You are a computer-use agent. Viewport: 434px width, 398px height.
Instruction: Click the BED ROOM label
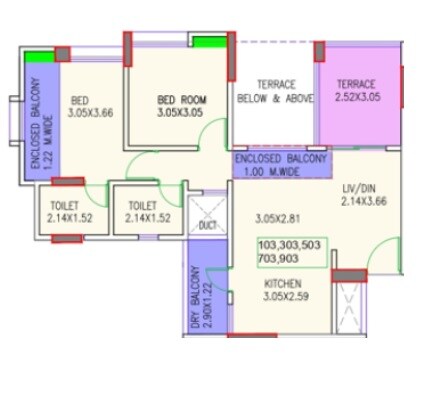(179, 100)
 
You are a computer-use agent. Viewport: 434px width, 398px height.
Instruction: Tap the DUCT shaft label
(207, 226)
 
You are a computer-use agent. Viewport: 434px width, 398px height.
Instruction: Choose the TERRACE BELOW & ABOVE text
(273, 91)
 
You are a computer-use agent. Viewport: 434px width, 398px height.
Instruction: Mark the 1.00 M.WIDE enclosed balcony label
(265, 171)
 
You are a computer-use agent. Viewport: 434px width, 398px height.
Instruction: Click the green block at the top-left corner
(40, 57)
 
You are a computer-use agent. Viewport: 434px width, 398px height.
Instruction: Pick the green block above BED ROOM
(208, 42)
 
